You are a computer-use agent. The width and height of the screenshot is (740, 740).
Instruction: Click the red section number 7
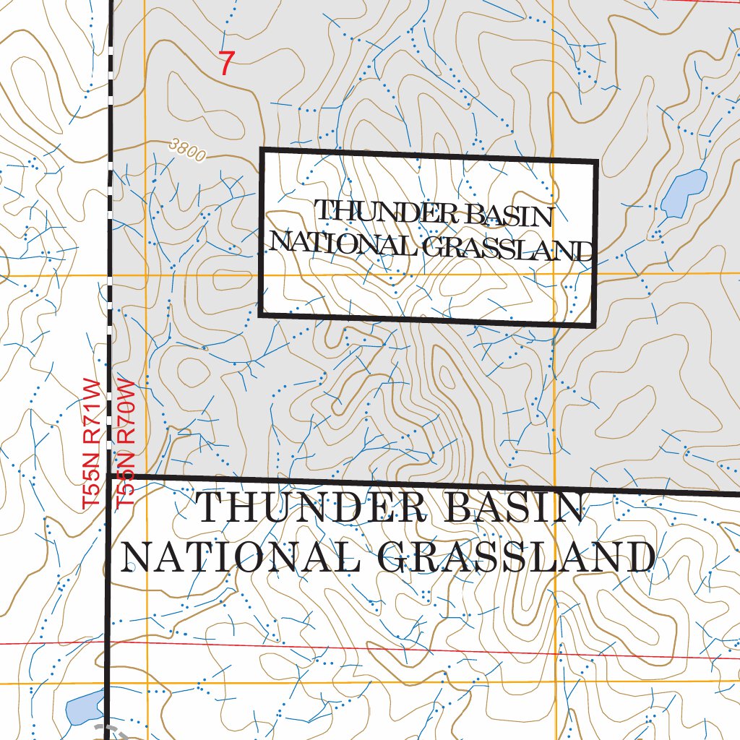click(x=226, y=64)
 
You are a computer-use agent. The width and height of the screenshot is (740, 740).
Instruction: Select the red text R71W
click(x=91, y=411)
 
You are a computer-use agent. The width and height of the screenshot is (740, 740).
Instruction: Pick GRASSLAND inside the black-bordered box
click(x=506, y=249)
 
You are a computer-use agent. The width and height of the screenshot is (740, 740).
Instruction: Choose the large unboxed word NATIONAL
click(x=243, y=556)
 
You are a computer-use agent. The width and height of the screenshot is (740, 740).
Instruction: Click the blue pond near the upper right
click(x=684, y=193)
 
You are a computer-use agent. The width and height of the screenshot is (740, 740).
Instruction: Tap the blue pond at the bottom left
click(x=84, y=707)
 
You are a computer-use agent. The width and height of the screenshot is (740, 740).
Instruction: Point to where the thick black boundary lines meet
click(x=110, y=476)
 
